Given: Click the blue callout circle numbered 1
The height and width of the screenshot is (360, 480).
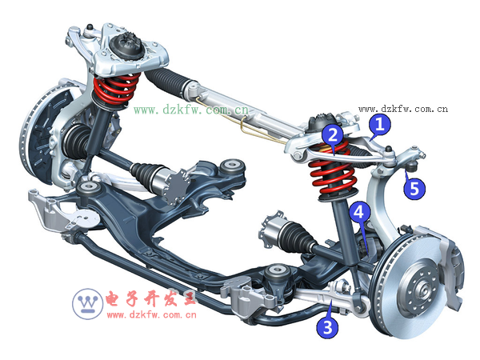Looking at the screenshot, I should pyautogui.click(x=379, y=124).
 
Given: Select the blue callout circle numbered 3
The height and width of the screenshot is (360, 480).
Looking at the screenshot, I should pyautogui.click(x=326, y=326).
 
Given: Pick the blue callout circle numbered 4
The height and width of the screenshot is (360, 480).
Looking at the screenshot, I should pyautogui.click(x=360, y=213).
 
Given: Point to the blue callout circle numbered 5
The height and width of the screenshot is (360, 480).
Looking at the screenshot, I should pyautogui.click(x=414, y=189).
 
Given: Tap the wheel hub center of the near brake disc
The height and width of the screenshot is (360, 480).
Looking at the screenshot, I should pyautogui.click(x=418, y=282).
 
